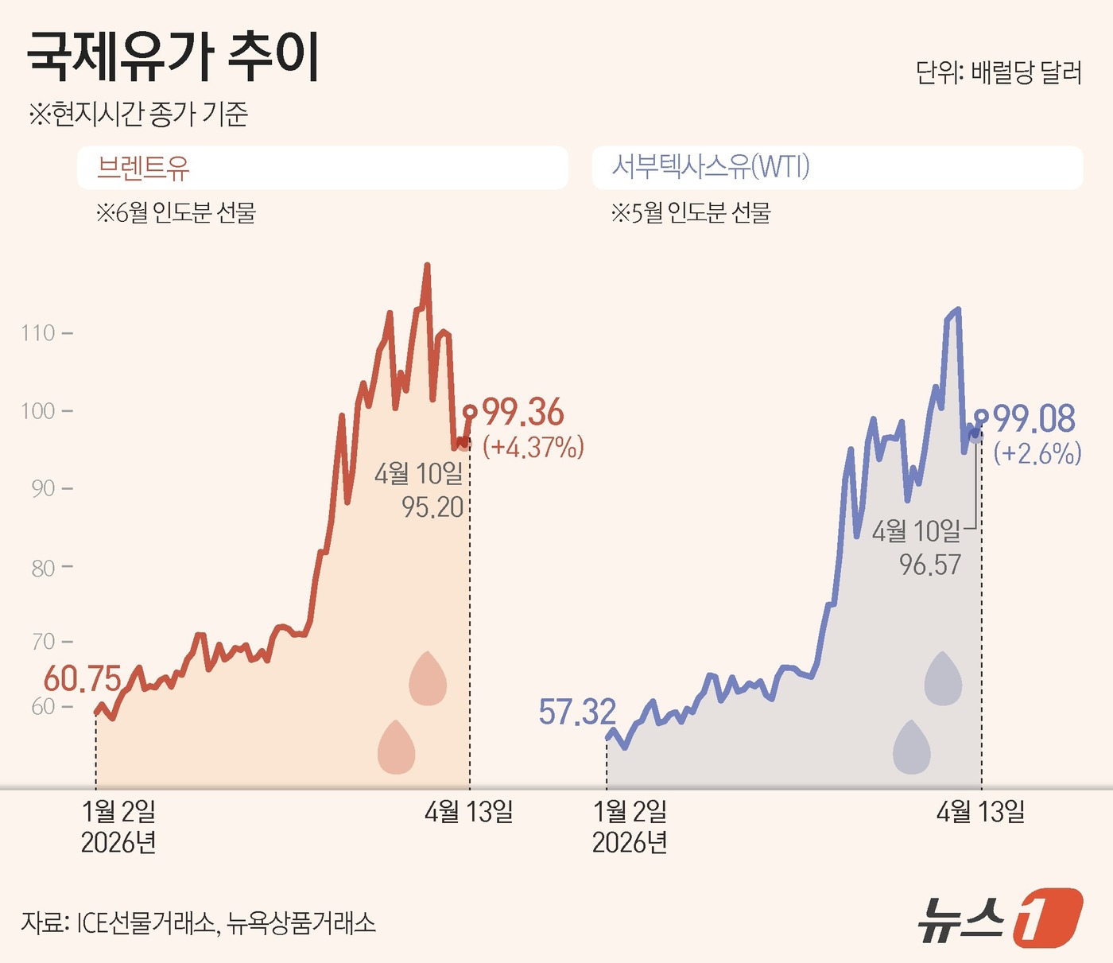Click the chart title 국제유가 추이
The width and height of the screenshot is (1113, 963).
(173, 57)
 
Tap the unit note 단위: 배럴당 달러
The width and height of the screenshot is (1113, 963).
(999, 72)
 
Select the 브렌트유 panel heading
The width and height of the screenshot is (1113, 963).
(143, 167)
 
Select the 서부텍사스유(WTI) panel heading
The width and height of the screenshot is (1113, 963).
(710, 167)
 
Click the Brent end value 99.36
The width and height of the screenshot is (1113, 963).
(523, 413)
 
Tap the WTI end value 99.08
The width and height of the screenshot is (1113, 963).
(1034, 419)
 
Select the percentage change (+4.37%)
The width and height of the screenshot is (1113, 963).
(533, 447)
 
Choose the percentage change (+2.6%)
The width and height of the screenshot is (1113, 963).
(1037, 453)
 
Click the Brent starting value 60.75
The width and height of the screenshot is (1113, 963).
(82, 679)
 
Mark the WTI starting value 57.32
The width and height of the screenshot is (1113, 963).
(577, 713)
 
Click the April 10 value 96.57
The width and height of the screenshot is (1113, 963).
(930, 565)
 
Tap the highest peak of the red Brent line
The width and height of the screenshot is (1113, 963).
(427, 266)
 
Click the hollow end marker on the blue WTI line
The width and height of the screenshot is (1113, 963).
(981, 415)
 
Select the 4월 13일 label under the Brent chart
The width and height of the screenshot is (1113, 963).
(469, 812)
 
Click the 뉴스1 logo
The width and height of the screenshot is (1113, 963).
(1000, 918)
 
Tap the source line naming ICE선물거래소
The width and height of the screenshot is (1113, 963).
(199, 922)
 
